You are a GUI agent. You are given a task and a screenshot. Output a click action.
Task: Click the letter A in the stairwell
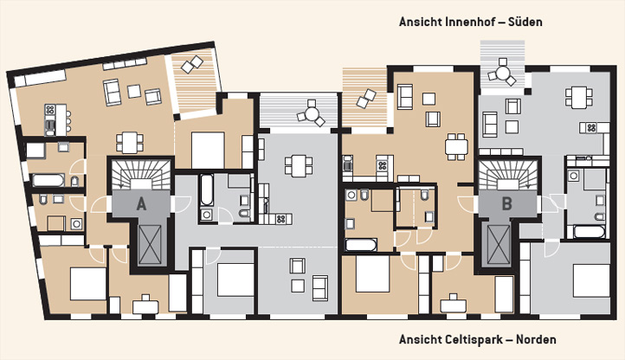[x=141, y=204]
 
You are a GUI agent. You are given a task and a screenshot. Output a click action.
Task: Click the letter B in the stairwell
[x=506, y=203]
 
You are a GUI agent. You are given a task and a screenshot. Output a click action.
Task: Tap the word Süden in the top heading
[x=525, y=22]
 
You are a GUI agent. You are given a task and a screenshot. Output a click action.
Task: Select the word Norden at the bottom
[x=536, y=340]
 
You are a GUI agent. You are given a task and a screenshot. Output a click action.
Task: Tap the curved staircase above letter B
[x=507, y=175]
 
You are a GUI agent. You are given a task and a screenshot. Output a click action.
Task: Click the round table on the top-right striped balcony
[x=503, y=74]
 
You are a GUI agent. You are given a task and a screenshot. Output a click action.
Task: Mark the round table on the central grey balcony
[x=312, y=114]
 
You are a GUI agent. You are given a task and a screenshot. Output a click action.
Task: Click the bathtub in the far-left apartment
[x=48, y=180]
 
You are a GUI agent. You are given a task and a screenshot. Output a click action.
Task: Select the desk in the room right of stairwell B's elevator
[x=454, y=305]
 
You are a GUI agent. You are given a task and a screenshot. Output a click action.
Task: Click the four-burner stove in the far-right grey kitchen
[x=590, y=128]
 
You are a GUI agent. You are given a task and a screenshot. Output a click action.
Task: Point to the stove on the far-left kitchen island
[x=50, y=110]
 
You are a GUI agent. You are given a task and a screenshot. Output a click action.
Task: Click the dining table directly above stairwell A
[x=130, y=143]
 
